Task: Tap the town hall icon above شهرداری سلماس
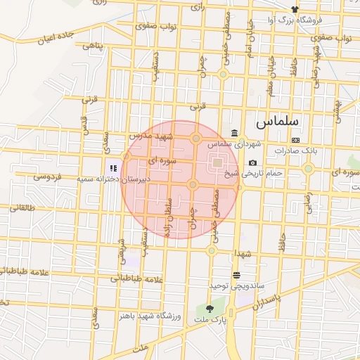coord(234,134)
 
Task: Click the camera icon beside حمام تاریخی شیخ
coord(252,163)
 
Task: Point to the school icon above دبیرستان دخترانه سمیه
coord(112,168)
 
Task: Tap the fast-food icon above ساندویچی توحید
coord(236,275)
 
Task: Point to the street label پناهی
coord(94,46)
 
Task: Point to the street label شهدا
coord(244,253)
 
